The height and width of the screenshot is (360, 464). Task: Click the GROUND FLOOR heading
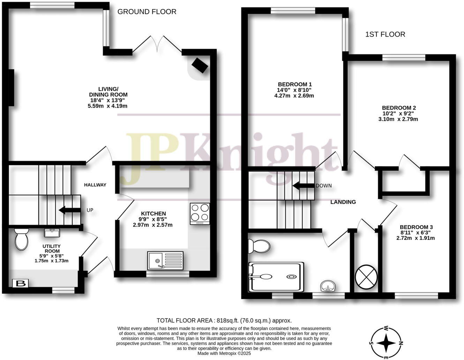[x=147, y=12]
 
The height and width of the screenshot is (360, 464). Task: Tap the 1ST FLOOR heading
[x=385, y=35]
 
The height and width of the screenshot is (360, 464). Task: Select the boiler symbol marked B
[x=21, y=284]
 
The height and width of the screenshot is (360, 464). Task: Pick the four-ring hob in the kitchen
[x=200, y=213]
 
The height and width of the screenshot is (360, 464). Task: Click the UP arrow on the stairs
[x=68, y=210]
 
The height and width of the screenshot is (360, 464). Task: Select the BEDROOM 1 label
[x=294, y=84]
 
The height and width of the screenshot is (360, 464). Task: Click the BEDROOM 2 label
[x=399, y=108]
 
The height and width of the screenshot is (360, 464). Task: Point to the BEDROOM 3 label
[x=416, y=227]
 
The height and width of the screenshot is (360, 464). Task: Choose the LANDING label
[x=343, y=202]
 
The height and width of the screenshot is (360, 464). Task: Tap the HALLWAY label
[x=95, y=185]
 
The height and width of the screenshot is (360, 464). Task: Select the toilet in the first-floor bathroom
[x=258, y=246]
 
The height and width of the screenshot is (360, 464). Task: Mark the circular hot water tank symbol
[x=366, y=275]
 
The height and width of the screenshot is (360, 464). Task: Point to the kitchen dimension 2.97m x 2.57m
[x=152, y=225]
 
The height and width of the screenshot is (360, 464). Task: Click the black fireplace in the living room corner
[x=200, y=65]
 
